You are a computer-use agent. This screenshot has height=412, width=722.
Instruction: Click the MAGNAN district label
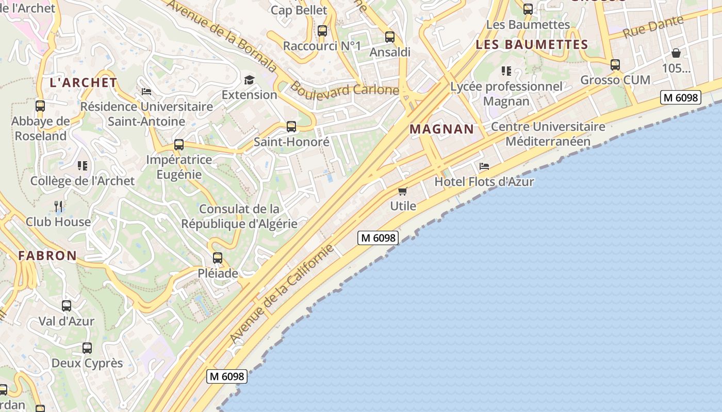click(x=441, y=129)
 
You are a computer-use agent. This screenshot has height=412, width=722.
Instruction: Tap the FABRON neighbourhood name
click(x=47, y=255)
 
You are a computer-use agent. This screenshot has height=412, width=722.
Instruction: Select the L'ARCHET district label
click(x=84, y=82)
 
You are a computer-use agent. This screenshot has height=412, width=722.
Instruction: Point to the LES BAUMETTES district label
click(x=532, y=45)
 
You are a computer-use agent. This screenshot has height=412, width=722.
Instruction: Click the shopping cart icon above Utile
click(x=403, y=191)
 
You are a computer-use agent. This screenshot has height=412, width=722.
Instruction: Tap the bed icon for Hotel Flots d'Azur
click(x=484, y=166)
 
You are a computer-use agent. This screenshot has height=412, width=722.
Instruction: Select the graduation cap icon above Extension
click(x=250, y=80)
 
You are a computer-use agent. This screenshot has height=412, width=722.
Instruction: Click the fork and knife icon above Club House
click(x=58, y=207)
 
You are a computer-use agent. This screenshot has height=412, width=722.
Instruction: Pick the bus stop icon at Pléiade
click(x=218, y=258)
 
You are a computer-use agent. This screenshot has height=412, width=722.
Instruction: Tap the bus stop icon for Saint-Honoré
click(x=291, y=127)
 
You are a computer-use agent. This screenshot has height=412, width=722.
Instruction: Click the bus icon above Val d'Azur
click(x=67, y=306)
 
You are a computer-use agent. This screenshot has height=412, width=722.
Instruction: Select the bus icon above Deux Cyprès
click(x=87, y=348)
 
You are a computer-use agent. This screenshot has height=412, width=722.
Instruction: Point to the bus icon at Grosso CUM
click(x=615, y=65)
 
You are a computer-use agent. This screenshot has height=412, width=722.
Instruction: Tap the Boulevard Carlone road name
click(x=344, y=89)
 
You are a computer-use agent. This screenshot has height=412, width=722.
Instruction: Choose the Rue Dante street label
click(x=652, y=27)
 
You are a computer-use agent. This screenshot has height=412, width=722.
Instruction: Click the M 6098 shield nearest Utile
click(x=379, y=238)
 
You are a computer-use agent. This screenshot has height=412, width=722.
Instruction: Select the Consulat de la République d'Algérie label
click(x=239, y=216)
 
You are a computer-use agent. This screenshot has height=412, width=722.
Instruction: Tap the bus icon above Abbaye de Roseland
click(x=40, y=106)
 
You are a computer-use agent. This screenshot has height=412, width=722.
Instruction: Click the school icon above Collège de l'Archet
click(x=82, y=166)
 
